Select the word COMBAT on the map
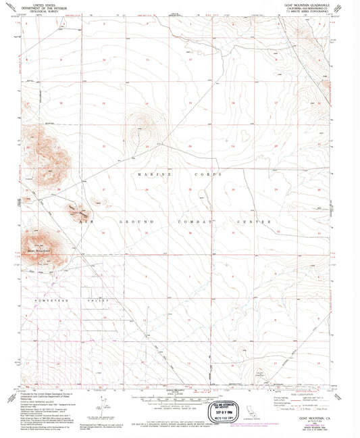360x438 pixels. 197,221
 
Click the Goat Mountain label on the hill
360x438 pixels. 38,250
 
